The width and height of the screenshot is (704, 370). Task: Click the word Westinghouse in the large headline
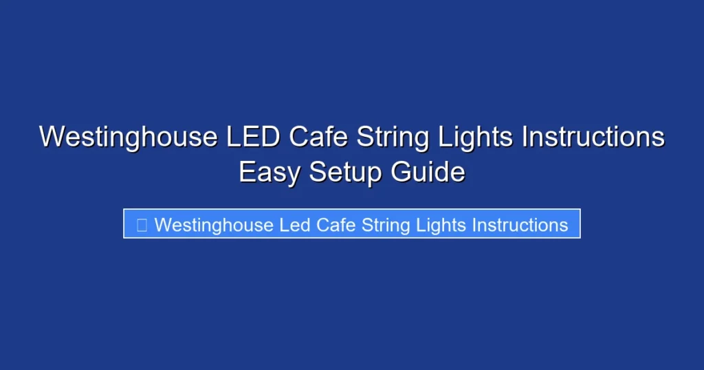pos(128,137)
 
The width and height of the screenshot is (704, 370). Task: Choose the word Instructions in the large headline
pos(593,137)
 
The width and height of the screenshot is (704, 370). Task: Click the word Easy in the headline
pos(269,172)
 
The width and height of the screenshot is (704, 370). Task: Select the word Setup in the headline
pos(346,172)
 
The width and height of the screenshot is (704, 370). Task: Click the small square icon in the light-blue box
pos(142,225)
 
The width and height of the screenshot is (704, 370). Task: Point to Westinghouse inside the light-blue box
pos(214,225)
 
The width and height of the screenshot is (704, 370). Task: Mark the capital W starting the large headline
pos(49,137)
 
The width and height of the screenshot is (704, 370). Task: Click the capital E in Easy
pos(247,172)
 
